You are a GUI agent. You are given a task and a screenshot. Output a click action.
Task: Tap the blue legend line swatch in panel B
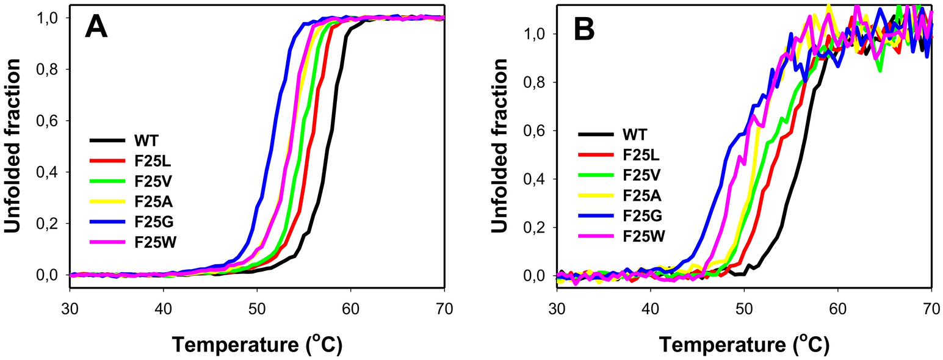(596, 215)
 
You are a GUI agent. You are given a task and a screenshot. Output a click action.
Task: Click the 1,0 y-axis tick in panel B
(537, 34)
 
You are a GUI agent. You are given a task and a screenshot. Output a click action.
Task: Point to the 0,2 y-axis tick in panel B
(537, 228)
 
